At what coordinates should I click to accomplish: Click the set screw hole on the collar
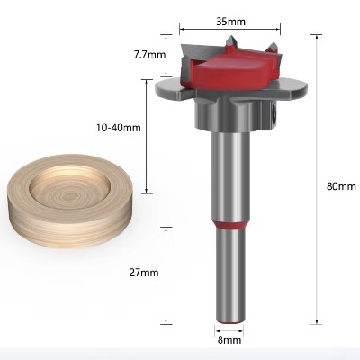[271, 116]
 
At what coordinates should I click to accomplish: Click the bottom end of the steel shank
[230, 319]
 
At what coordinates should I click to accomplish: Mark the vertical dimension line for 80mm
[318, 180]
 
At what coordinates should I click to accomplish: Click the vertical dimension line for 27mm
[167, 274]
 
